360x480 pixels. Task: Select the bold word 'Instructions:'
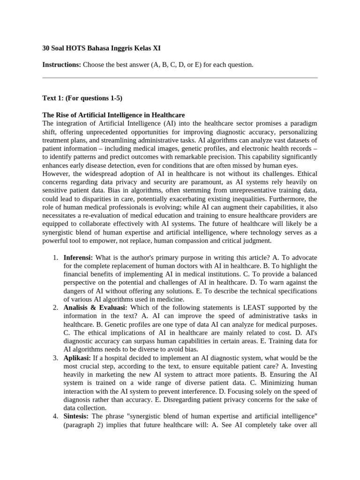pyautogui.click(x=61, y=65)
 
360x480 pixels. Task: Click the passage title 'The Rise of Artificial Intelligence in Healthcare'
pyautogui.click(x=113, y=115)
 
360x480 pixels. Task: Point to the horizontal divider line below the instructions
pyautogui.click(x=180, y=77)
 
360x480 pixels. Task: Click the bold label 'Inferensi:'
pyautogui.click(x=78, y=258)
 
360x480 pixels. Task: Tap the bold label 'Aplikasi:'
pyautogui.click(x=77, y=358)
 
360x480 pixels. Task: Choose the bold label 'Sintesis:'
pyautogui.click(x=76, y=416)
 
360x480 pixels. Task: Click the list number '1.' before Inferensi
pyautogui.click(x=55, y=258)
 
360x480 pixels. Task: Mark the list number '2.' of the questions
pyautogui.click(x=55, y=307)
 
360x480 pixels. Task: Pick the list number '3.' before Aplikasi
pyautogui.click(x=55, y=358)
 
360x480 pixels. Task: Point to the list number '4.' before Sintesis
pyautogui.click(x=55, y=416)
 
